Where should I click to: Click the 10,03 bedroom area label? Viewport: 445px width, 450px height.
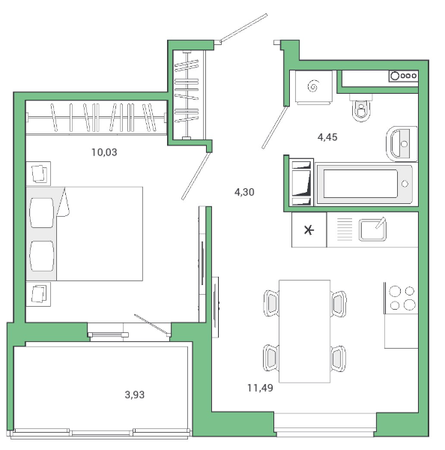[104, 152]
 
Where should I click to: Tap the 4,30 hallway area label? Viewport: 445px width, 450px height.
[244, 192]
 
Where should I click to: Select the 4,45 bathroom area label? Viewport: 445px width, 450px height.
[327, 137]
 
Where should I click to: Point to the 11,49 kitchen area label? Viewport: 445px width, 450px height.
[260, 388]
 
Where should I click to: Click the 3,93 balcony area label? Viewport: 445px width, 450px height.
[135, 395]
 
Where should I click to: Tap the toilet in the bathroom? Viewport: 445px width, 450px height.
[361, 108]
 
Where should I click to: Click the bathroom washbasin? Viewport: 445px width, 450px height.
[402, 144]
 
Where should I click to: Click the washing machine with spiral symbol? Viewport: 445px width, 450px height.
[313, 87]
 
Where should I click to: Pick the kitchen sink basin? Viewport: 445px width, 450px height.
[372, 229]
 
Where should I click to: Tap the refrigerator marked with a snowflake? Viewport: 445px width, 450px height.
[309, 229]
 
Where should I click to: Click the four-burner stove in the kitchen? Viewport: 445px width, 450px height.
[402, 298]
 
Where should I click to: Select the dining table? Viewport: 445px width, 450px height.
[304, 331]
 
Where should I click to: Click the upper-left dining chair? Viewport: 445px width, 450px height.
[271, 303]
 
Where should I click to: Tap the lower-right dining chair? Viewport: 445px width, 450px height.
[339, 358]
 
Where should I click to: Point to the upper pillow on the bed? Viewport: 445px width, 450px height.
[42, 213]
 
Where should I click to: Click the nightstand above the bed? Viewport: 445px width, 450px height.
[38, 174]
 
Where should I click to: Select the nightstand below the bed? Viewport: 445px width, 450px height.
[38, 294]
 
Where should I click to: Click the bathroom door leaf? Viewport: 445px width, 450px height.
[275, 127]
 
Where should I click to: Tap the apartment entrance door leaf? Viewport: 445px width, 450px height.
[243, 28]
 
